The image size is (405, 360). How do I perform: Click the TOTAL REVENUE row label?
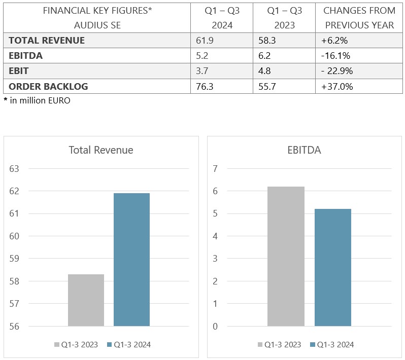coord(47,41)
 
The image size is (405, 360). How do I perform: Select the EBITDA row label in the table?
coord(26,56)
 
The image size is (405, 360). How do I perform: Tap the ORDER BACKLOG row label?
coord(48,86)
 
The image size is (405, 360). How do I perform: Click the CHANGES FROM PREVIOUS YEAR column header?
coord(359,18)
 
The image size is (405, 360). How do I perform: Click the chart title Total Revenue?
coord(101,150)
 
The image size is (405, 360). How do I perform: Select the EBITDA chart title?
coord(303,150)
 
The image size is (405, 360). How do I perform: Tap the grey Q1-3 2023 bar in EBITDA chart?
coord(286,256)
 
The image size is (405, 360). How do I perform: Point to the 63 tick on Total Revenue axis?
coord(14,169)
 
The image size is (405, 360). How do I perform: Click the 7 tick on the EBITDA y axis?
coord(215,169)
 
